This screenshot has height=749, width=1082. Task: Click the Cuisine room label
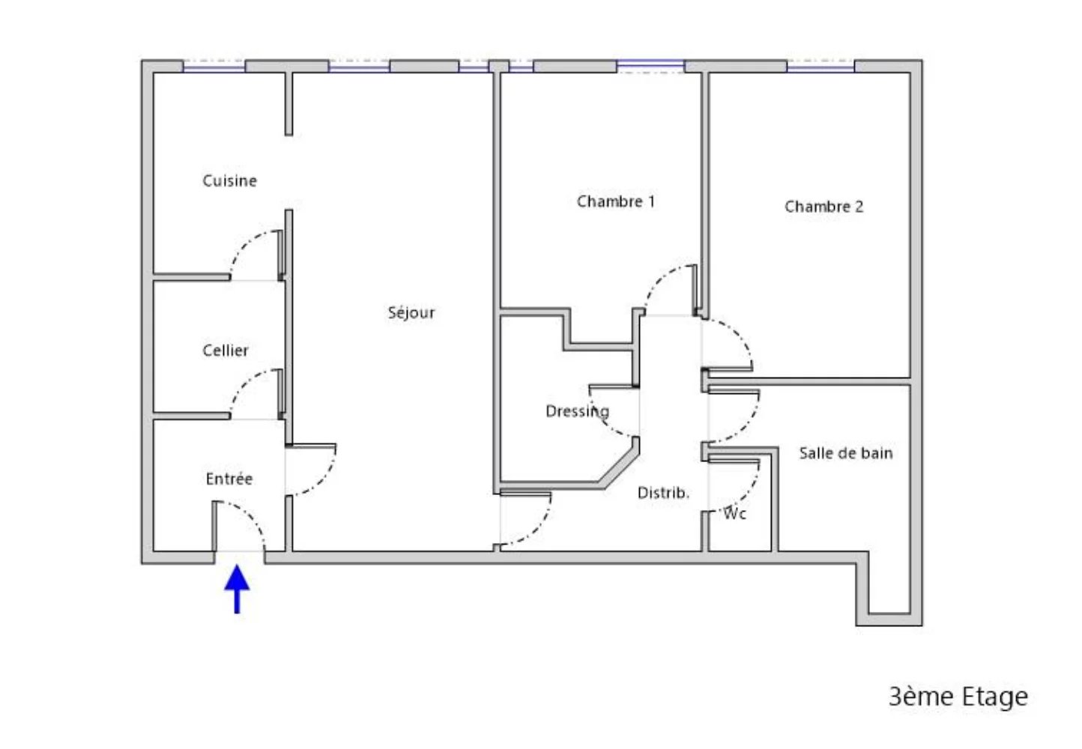coord(229,181)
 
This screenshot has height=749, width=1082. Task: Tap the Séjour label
coord(411,312)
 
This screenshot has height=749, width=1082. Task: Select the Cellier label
coord(225,350)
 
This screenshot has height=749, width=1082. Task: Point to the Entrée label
coord(229,479)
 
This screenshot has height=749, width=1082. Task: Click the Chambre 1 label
coord(616,201)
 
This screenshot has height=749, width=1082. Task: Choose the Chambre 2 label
coord(823,207)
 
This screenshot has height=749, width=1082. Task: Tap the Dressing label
coord(577,411)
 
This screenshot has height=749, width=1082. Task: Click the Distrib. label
coord(663,493)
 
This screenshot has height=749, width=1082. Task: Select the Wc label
coord(735,514)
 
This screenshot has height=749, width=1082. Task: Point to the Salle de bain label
coord(846,453)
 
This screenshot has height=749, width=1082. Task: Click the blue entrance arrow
coord(237,589)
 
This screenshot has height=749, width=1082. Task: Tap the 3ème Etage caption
coord(958,697)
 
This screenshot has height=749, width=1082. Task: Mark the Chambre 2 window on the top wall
coord(820,67)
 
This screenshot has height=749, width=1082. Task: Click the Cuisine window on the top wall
coord(214,67)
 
